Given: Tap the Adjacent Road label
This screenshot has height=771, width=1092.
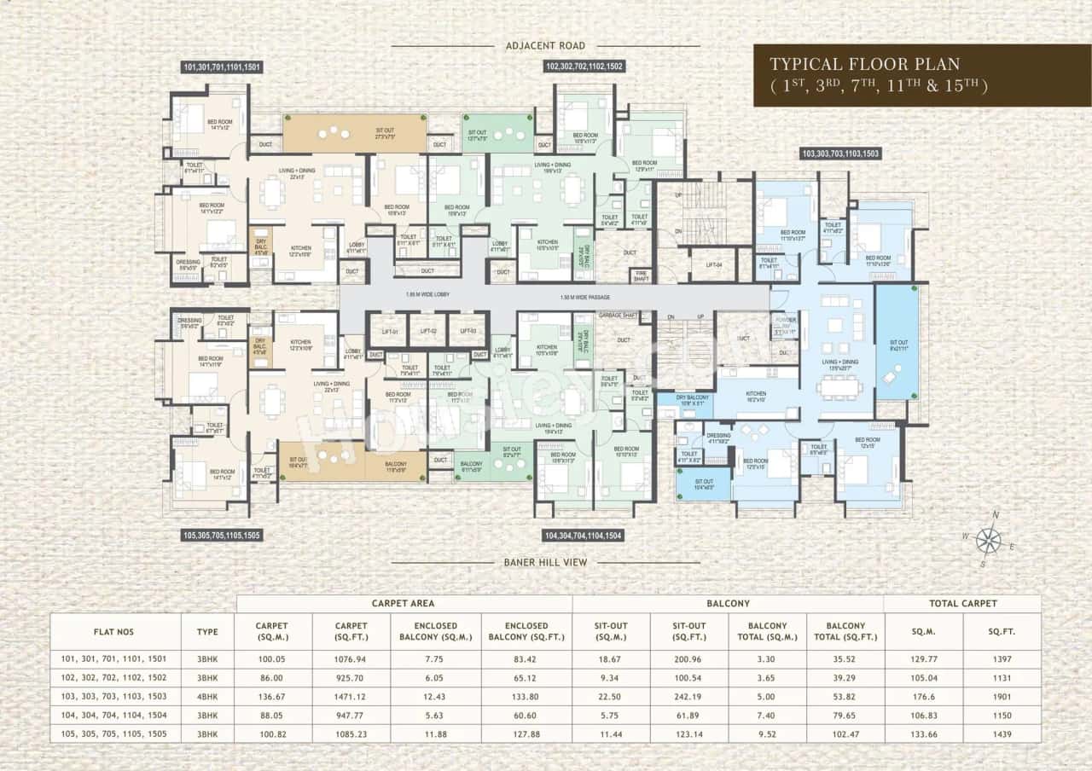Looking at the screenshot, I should (545, 45).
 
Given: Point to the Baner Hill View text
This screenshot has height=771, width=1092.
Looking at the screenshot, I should (545, 562).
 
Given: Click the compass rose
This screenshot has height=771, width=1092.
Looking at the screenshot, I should (989, 538).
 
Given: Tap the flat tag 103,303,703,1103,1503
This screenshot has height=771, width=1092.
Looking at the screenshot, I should (840, 154).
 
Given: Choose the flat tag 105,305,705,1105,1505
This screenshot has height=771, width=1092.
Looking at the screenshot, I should (222, 536).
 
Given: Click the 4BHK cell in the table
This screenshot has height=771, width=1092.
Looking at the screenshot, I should (207, 696).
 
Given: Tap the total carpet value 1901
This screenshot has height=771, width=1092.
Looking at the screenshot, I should (1002, 696).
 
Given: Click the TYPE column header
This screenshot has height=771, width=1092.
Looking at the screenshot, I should (207, 632).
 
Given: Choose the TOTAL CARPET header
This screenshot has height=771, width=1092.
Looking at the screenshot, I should (961, 603).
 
